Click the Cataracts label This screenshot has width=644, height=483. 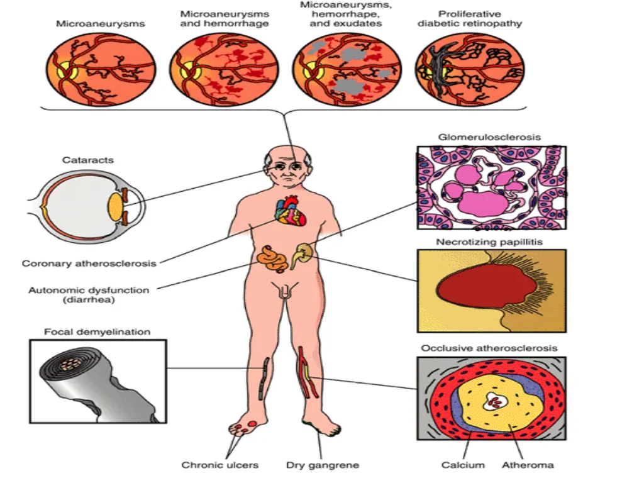(x=88, y=160)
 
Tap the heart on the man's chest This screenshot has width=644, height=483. (x=291, y=210)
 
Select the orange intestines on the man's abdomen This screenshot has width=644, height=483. (x=272, y=258)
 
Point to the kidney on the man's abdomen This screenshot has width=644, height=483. (x=302, y=255)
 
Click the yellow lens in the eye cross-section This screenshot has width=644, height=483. (x=115, y=206)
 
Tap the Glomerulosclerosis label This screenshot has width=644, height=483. (x=489, y=137)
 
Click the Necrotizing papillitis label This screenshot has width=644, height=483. (x=489, y=242)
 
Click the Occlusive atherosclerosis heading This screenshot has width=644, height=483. (x=489, y=348)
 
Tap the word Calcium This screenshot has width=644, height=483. (x=463, y=465)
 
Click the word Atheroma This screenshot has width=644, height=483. (x=528, y=465)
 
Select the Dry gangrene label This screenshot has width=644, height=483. (x=323, y=465)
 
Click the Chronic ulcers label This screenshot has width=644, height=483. (x=219, y=465)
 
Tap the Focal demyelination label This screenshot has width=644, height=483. (x=97, y=332)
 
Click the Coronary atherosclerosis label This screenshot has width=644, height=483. (x=89, y=264)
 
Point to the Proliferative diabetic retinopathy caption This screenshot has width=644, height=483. (x=469, y=19)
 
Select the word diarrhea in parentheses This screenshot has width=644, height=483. (x=89, y=300)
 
